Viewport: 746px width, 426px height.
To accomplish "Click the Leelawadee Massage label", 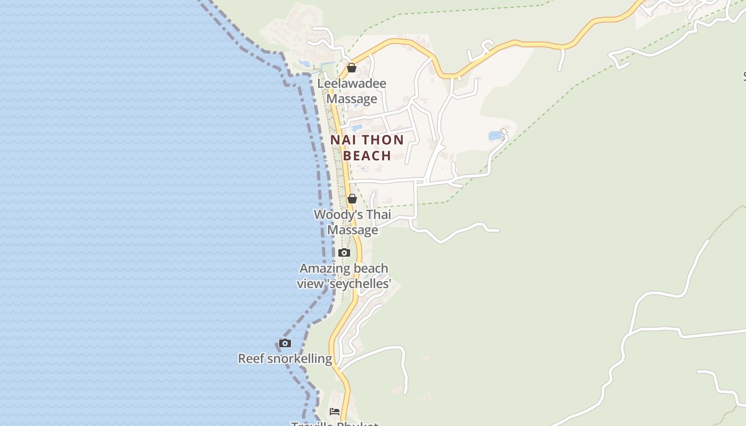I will coord(352,91).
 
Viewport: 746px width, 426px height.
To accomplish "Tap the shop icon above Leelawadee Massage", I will coord(352,68).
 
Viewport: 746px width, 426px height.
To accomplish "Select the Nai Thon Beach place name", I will coord(367,148).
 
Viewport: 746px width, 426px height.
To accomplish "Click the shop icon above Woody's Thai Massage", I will coord(352,199).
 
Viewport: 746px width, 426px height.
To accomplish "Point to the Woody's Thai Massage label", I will coord(352,222).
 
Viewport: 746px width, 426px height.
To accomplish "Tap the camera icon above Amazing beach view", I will coord(344,252).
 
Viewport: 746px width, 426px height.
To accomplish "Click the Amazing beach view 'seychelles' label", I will coord(344,276).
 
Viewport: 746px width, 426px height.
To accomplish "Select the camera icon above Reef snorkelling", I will coord(285,343).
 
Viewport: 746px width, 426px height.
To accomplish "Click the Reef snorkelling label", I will coord(285,358).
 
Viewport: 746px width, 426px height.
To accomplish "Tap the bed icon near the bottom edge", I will coord(335,411).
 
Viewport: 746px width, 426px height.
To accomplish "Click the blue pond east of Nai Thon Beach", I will coord(495,136).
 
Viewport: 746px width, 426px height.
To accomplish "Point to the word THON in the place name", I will coord(382,140).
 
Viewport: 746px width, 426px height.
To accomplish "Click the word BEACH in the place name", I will coord(367,155).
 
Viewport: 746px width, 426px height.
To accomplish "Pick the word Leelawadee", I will coord(352,84).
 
